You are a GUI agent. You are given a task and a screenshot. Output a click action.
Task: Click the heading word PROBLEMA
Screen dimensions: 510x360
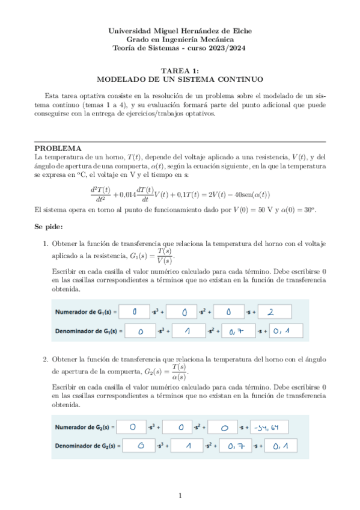[58, 148]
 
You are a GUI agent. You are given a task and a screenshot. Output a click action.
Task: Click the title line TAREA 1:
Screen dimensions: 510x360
[180, 70]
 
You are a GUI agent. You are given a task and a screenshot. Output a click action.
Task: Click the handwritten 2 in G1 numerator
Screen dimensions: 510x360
[270, 312]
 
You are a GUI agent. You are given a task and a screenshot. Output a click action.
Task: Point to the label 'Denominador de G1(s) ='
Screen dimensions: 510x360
[88, 331]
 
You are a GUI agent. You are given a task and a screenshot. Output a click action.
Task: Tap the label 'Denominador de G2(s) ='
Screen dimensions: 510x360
[88, 446]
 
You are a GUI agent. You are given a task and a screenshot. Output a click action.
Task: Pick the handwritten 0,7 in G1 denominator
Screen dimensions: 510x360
[239, 331]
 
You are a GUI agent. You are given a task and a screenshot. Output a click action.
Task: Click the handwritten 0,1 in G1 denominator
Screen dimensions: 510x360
[281, 331]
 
